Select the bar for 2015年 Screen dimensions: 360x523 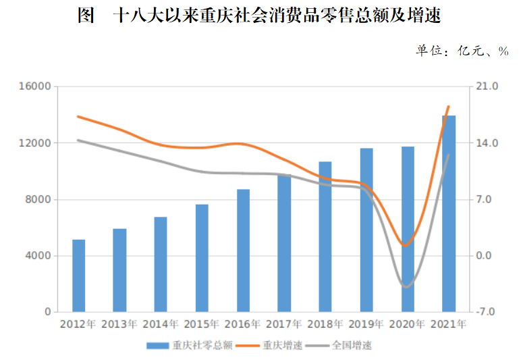(x=202, y=258)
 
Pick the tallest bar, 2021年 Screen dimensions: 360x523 (x=449, y=213)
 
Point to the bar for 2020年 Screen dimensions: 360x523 (x=408, y=229)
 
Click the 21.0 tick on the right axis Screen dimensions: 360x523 (x=487, y=86)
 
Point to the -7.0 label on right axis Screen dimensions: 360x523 (x=487, y=313)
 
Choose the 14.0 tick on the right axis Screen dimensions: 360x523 (x=487, y=143)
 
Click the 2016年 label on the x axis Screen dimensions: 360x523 (x=243, y=324)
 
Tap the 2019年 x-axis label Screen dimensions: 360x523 (x=366, y=324)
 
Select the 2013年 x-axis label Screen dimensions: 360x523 (x=119, y=324)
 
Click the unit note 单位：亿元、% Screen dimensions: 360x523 (x=462, y=51)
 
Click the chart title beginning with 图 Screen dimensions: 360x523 (x=259, y=16)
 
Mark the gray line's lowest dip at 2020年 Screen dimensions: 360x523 (x=407, y=287)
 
